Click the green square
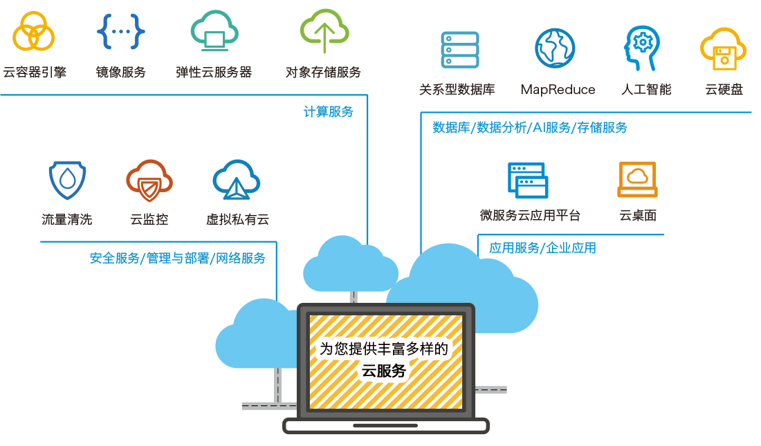(x=324, y=31)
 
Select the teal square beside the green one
(x=214, y=31)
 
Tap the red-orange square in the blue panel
(x=149, y=180)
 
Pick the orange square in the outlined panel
(x=637, y=179)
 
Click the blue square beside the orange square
(x=528, y=180)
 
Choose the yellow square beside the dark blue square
(x=33, y=31)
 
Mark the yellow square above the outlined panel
(x=723, y=48)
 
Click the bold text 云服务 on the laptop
(x=384, y=371)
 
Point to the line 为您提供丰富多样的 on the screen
(x=384, y=349)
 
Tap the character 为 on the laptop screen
(x=326, y=349)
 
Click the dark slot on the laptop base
(x=385, y=425)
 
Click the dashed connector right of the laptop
(x=491, y=390)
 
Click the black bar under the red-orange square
(x=155, y=219)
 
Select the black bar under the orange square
(x=567, y=215)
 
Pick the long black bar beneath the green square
(x=182, y=72)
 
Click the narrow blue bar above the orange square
(x=530, y=128)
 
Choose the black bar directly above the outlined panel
(x=580, y=90)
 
